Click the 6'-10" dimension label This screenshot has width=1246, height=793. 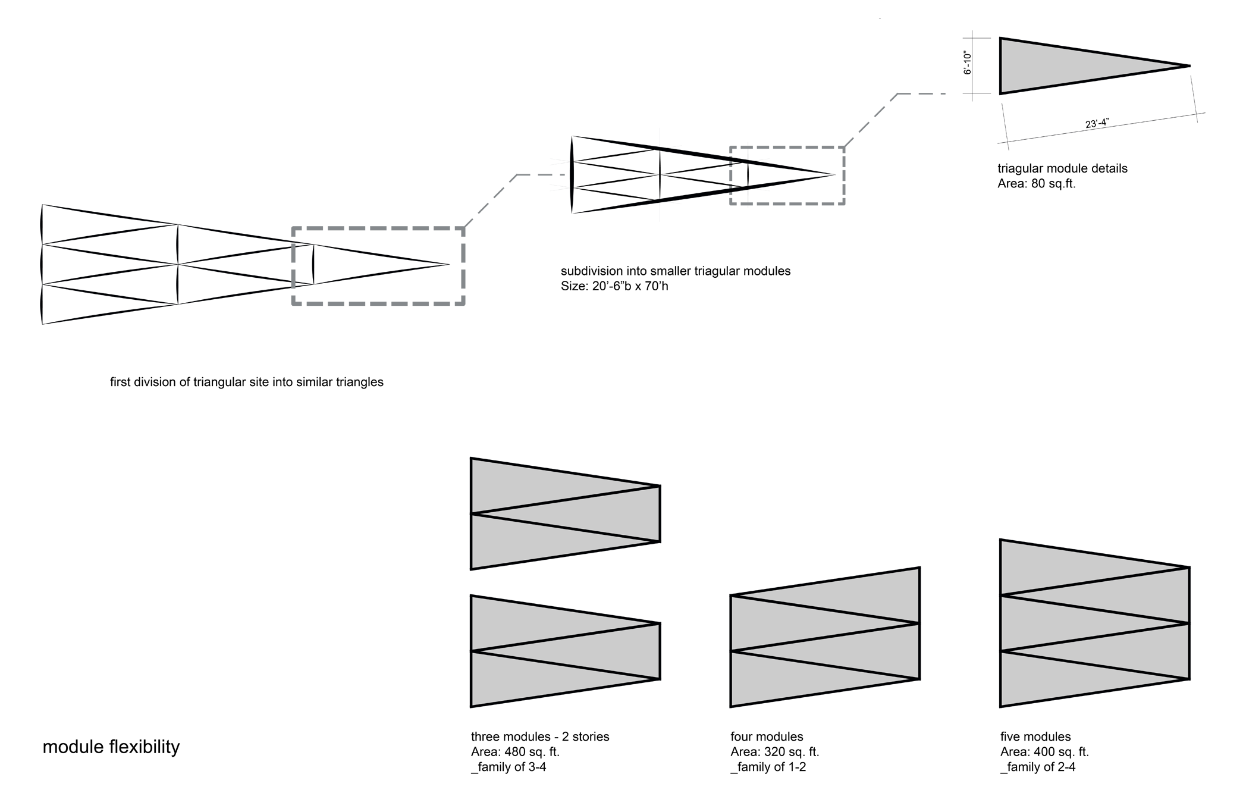[x=968, y=63]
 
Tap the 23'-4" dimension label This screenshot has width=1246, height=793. [x=1097, y=124]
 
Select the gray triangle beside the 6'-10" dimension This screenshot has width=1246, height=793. [x=1065, y=65]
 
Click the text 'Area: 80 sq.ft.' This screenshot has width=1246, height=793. [x=1036, y=184]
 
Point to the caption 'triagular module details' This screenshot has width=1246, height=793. [x=1062, y=168]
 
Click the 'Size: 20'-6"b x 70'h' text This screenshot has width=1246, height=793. [x=614, y=286]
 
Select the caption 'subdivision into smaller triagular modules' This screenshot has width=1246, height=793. [x=675, y=271]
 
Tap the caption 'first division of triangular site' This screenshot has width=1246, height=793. [x=246, y=382]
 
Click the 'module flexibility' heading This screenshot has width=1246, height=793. [x=111, y=747]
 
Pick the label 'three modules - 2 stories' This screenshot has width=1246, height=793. [x=539, y=736]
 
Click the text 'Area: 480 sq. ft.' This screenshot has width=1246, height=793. [x=515, y=752]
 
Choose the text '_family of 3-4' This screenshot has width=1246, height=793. [x=508, y=767]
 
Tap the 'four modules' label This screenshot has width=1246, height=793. [x=766, y=736]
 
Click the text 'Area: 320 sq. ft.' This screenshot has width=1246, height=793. [x=774, y=752]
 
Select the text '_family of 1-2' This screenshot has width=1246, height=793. [x=768, y=767]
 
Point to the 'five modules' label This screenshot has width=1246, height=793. [x=1035, y=736]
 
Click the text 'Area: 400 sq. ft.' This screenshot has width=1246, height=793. [x=1044, y=752]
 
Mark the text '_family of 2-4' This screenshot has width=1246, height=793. [x=1037, y=767]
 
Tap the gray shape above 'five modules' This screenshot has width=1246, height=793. [x=1094, y=623]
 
